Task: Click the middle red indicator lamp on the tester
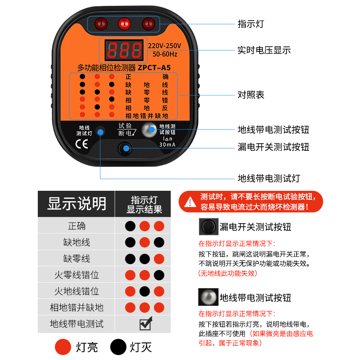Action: (x=124, y=24)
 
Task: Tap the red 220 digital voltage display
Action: (x=124, y=50)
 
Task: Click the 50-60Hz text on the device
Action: (x=165, y=54)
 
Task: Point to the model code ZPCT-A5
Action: (x=154, y=68)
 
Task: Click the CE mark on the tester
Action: (x=82, y=144)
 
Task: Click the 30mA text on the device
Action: (x=167, y=144)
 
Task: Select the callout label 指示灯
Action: (x=251, y=24)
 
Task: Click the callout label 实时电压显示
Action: (x=264, y=50)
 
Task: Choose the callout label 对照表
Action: (x=251, y=95)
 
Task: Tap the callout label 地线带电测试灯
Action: (x=269, y=178)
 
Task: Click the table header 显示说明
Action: (x=76, y=204)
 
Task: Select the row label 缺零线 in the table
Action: (x=76, y=258)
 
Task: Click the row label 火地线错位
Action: (x=76, y=291)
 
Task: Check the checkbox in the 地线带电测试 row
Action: (x=145, y=324)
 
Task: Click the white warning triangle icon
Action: (x=190, y=202)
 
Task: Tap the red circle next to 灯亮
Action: (x=63, y=346)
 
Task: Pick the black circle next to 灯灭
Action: (x=118, y=346)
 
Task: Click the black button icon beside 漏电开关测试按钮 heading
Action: (x=208, y=227)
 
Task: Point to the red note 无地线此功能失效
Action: (x=228, y=273)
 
